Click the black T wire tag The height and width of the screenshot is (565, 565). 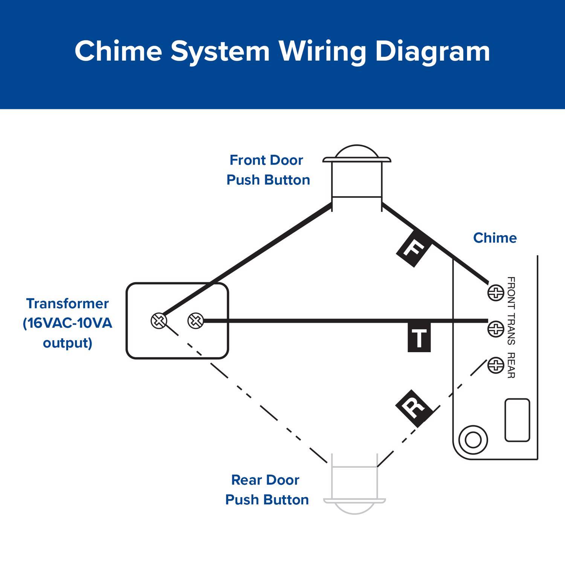(419, 338)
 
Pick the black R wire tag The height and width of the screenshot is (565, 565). (414, 408)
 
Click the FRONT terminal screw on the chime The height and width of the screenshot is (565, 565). (496, 293)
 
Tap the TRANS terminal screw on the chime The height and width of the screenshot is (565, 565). (496, 329)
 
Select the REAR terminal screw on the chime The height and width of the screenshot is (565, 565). (496, 365)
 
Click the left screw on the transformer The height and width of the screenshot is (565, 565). (159, 321)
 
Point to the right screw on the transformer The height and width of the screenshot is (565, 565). (195, 321)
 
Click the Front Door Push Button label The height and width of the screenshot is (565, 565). (268, 170)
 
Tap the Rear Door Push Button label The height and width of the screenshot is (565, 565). (267, 490)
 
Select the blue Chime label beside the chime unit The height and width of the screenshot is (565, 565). (495, 238)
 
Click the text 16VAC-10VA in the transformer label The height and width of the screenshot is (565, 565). (68, 323)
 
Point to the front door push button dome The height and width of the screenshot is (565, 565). (356, 152)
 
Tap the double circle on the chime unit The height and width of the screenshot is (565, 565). (473, 440)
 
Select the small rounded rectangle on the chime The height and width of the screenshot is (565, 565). (517, 420)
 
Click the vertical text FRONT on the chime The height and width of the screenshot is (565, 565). (511, 293)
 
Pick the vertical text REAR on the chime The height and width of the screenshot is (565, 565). (511, 365)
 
